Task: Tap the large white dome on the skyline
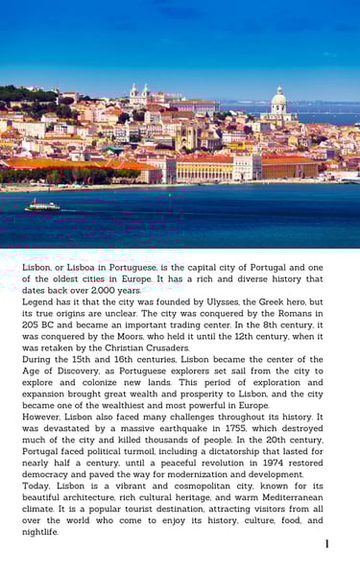279,99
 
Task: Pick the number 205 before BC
34,324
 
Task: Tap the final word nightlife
40,532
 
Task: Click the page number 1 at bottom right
326,544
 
